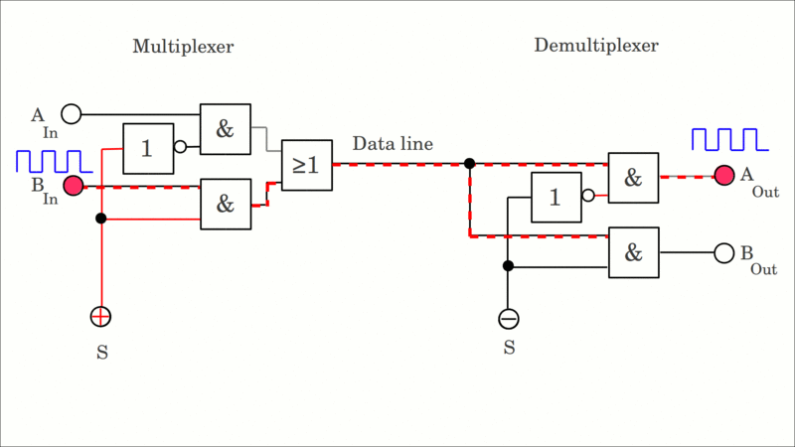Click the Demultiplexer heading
point(595,45)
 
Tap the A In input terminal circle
point(72,113)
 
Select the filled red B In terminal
point(74,186)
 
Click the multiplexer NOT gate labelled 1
point(148,148)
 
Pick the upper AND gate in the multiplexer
point(226,129)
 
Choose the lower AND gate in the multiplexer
point(226,204)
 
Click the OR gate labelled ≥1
point(306,165)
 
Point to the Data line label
point(393,144)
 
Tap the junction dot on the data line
point(469,163)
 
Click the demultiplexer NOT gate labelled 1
point(556,197)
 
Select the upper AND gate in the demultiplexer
point(633,178)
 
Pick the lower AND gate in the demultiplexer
point(633,252)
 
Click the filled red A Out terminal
point(723,176)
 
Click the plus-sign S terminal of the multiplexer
point(100,317)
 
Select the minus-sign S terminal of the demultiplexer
point(509,319)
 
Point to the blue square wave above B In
point(51,161)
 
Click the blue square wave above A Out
point(729,139)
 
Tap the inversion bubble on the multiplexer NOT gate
point(180,147)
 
